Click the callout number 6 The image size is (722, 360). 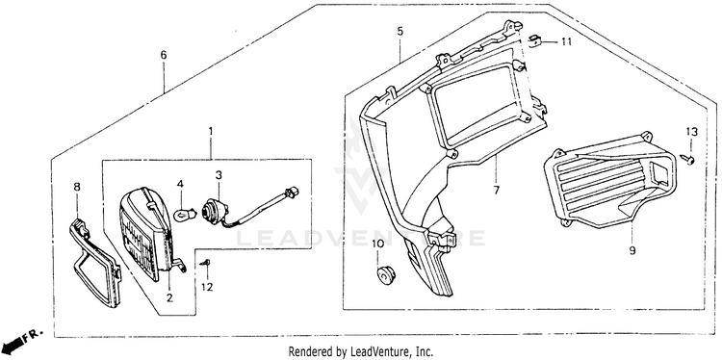pos(164,55)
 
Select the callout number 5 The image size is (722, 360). pos(400,32)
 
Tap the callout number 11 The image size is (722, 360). pos(566,42)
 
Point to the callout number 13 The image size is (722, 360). pos(691,132)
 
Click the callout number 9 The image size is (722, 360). pos(632,250)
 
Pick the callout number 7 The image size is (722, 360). pos(496,190)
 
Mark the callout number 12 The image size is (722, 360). pos(207,287)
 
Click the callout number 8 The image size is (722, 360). pos(77,187)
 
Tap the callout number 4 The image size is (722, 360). pos(180,184)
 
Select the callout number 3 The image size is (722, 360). pos(219,175)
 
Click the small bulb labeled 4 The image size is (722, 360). pos(185,214)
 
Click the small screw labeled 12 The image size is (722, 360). pos(205,263)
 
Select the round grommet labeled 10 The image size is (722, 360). pos(386,274)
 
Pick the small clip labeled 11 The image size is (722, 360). pos(533,40)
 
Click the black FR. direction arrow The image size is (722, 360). pos(13,343)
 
